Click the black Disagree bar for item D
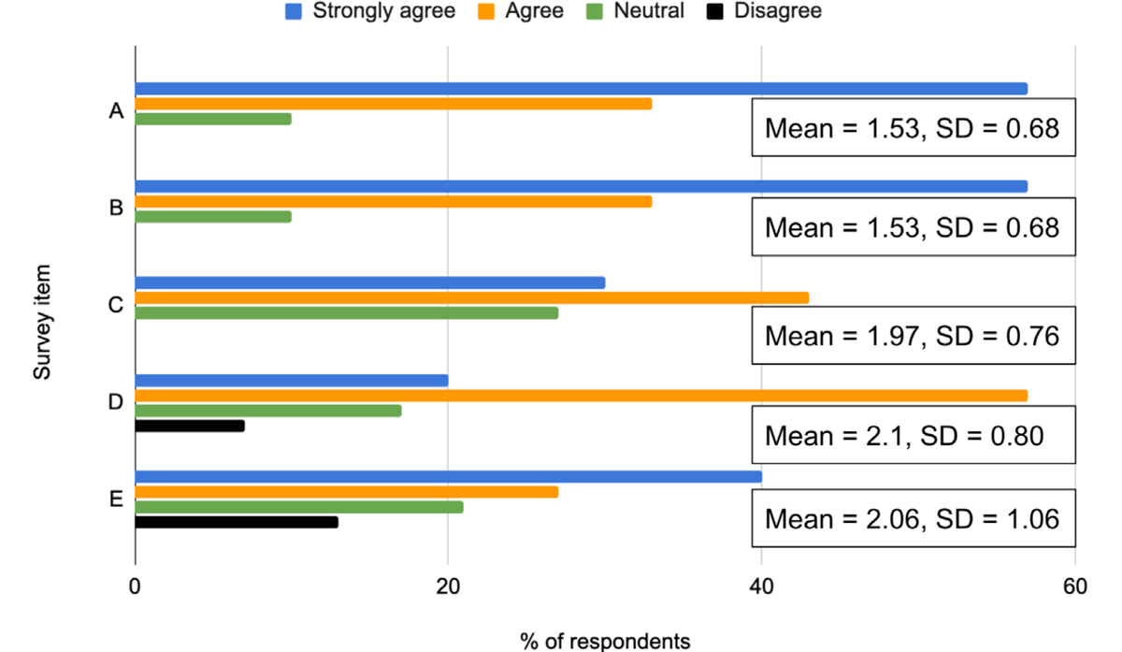pyautogui.click(x=190, y=426)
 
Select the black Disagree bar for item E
pyautogui.click(x=237, y=522)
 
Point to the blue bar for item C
pyautogui.click(x=370, y=283)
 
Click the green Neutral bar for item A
pyautogui.click(x=213, y=119)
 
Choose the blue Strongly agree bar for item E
pyautogui.click(x=448, y=477)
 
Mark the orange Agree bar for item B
pyautogui.click(x=393, y=201)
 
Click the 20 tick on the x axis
pyautogui.click(x=448, y=587)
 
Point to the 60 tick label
pyautogui.click(x=1074, y=587)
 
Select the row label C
pyautogui.click(x=117, y=305)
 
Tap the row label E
pyautogui.click(x=117, y=499)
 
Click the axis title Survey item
pyautogui.click(x=42, y=323)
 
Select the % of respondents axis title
pyautogui.click(x=605, y=641)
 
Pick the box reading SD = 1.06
pyautogui.click(x=913, y=517)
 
